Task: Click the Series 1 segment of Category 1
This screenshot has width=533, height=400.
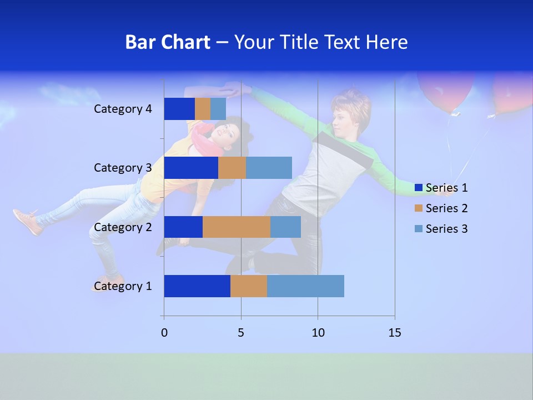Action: tap(197, 286)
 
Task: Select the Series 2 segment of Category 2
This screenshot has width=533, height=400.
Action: tap(237, 227)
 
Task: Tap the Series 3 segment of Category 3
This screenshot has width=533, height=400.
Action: tap(269, 168)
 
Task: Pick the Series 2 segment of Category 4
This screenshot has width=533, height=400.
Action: tap(203, 109)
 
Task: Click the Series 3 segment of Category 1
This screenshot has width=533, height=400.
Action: tap(305, 286)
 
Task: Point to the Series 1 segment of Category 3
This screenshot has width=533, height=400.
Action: tap(191, 168)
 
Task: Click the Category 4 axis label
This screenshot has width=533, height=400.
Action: tap(123, 109)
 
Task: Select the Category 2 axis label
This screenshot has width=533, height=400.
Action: tap(123, 227)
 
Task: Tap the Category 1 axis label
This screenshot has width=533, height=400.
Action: tap(123, 286)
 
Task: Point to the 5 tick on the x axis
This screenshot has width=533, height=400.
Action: tap(241, 333)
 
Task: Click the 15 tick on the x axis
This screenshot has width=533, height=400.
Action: tap(394, 333)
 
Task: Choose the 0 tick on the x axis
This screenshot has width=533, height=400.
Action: tap(164, 333)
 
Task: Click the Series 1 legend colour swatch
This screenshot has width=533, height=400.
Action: tap(419, 188)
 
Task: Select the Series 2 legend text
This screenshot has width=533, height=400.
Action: tap(446, 208)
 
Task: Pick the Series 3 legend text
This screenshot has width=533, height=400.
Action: tap(446, 229)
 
